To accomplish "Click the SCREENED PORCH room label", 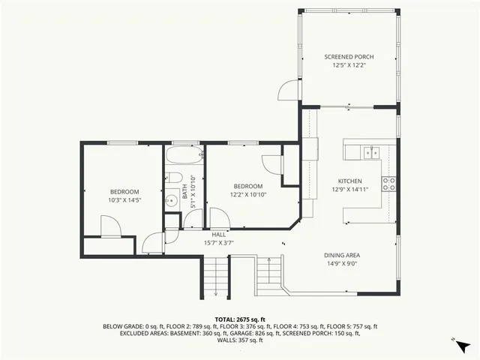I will click(x=349, y=57).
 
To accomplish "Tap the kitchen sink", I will click(x=370, y=153).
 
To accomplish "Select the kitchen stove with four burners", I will click(x=388, y=184).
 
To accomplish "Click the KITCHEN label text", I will click(x=349, y=181).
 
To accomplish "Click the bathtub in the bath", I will click(x=184, y=157).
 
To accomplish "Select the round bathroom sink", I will click(x=170, y=199).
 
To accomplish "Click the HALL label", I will click(x=219, y=235).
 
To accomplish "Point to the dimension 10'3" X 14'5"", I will click(x=124, y=199).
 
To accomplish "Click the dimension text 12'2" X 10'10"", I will click(x=247, y=194).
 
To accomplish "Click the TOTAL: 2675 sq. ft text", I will click(x=240, y=319).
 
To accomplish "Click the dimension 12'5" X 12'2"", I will click(x=349, y=64).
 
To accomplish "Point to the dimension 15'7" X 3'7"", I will click(x=219, y=242).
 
